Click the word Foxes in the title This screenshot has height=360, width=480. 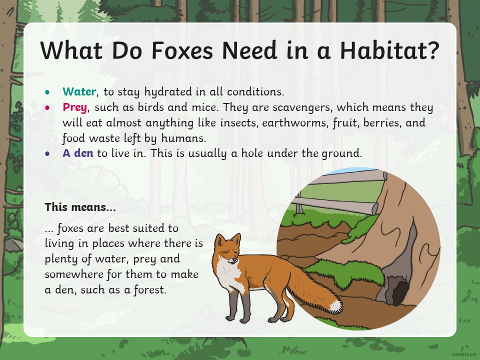[182, 50]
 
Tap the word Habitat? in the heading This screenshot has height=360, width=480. [389, 50]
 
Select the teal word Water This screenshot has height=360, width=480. [79, 91]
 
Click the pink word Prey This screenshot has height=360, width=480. [75, 108]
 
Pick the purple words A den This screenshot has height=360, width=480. [78, 153]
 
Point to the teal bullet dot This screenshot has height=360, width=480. [47, 92]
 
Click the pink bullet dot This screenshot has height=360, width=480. [47, 107]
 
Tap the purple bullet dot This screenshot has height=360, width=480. [47, 153]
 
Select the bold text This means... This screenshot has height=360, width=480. [80, 207]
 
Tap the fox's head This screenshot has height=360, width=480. [228, 248]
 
